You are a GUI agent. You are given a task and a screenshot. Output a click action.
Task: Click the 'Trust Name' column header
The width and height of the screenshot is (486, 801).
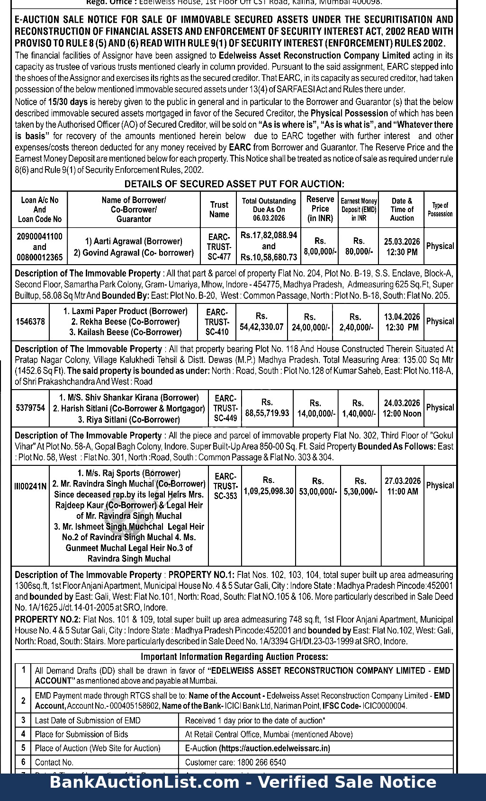tap(219, 209)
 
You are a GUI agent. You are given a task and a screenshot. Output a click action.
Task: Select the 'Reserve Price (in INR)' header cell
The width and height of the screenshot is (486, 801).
tap(320, 209)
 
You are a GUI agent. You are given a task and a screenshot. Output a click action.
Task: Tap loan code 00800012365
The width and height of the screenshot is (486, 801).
tap(40, 257)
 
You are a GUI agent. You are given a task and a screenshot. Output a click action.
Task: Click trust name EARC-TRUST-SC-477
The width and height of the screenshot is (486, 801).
tap(219, 247)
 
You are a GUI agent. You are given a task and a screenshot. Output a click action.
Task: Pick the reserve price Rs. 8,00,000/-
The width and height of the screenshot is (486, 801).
tap(320, 247)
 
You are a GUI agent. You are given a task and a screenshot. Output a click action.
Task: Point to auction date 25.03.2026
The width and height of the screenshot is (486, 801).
tap(402, 241)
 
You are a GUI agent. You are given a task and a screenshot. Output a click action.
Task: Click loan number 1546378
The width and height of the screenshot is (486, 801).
tap(30, 321)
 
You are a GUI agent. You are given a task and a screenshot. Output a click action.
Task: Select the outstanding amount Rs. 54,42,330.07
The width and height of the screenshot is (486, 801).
tap(261, 321)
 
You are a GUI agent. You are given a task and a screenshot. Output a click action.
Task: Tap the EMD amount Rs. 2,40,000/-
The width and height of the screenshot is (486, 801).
tap(355, 321)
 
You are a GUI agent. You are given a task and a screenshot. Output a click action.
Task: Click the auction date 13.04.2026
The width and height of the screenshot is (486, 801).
tap(402, 317)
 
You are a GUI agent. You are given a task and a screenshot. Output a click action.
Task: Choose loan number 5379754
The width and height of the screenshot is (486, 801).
tap(30, 408)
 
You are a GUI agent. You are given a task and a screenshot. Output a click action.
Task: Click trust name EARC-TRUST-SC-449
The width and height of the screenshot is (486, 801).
tap(225, 408)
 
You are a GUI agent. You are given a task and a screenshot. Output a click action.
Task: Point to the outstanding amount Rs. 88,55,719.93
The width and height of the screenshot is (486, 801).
tap(267, 408)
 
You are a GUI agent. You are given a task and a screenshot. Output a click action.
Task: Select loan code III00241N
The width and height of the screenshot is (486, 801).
tap(30, 486)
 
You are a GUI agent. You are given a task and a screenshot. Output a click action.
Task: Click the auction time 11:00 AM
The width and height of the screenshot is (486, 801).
tap(403, 491)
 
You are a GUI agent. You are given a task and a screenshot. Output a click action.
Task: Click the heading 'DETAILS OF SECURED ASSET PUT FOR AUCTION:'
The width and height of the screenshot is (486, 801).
tap(234, 184)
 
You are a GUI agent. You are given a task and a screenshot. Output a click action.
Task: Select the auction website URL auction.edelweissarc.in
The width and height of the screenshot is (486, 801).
tap(274, 748)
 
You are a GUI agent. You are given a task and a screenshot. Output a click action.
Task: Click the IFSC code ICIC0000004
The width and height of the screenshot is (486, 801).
tap(385, 706)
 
